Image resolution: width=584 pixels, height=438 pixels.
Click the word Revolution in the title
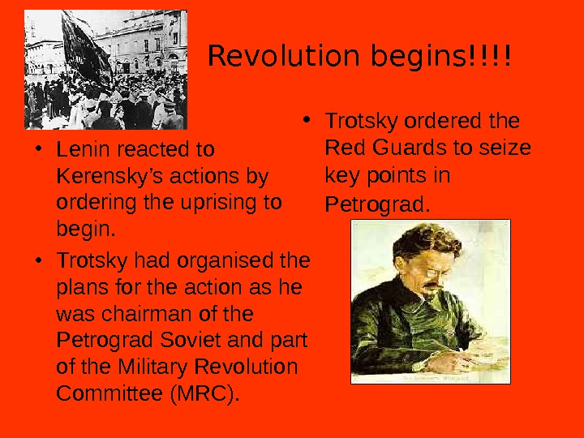(268, 58)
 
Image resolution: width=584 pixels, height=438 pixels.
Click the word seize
(510, 148)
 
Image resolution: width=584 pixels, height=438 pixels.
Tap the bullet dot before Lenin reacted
(39, 150)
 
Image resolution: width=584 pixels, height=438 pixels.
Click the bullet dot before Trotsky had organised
(39, 262)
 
